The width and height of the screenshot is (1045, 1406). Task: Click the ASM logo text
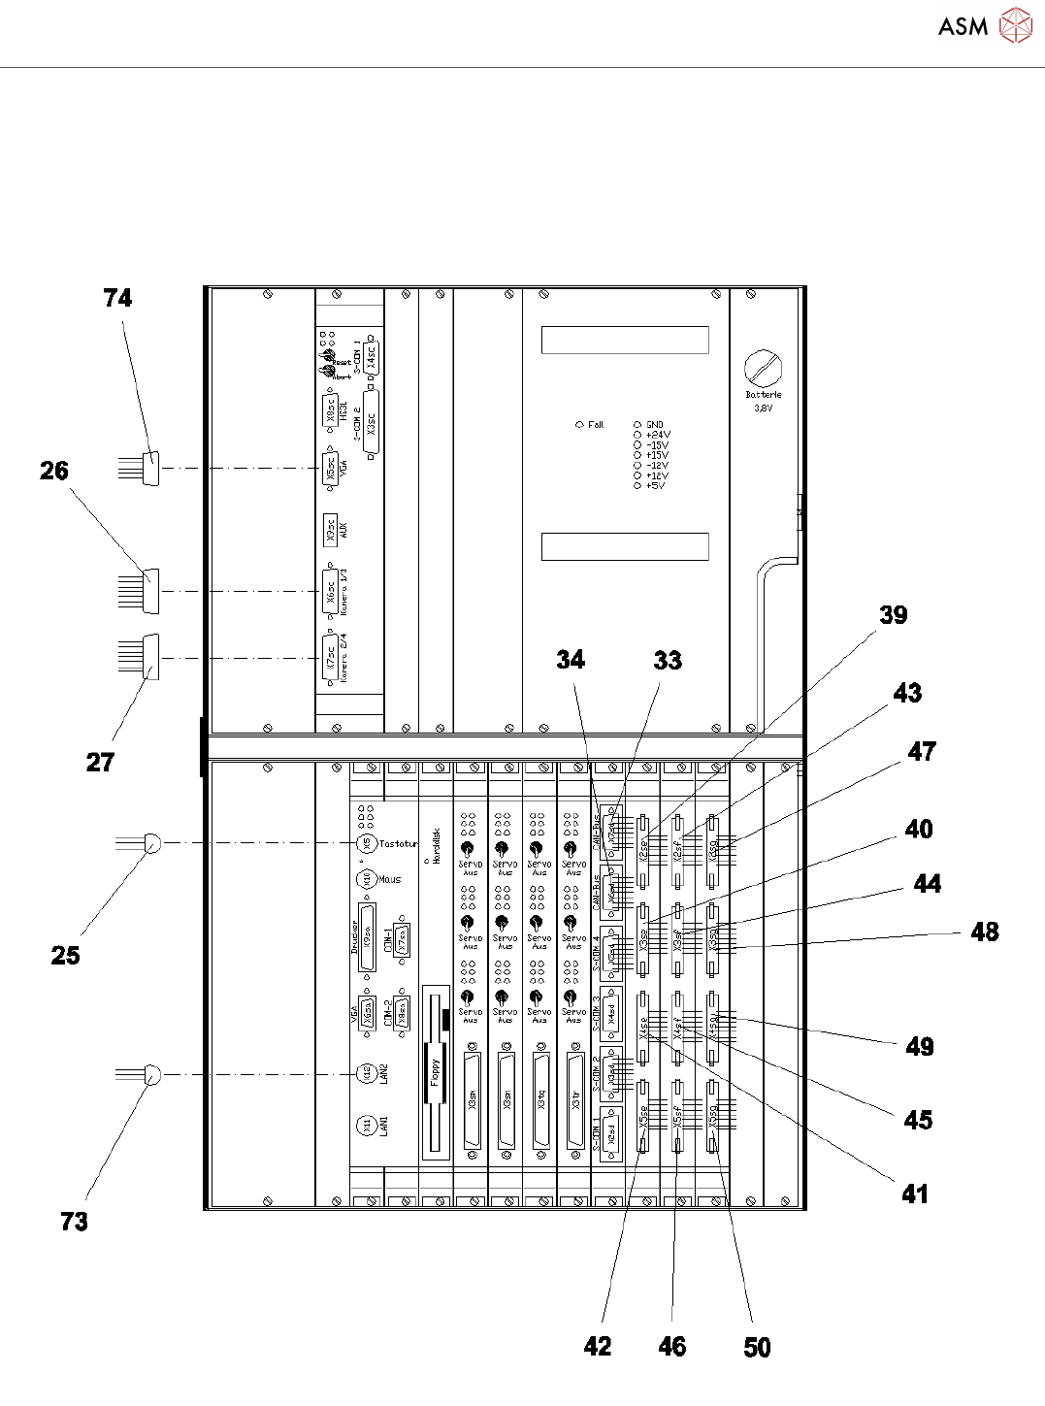(x=963, y=26)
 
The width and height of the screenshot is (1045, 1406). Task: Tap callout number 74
(x=117, y=298)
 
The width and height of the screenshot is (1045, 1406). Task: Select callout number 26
(x=54, y=471)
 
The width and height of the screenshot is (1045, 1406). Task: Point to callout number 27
(x=100, y=762)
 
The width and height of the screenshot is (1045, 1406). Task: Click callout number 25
(x=65, y=955)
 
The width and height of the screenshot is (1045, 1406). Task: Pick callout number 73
(x=75, y=1221)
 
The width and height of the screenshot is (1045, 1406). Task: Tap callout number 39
(x=893, y=614)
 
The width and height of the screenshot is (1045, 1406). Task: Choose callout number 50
(x=757, y=1347)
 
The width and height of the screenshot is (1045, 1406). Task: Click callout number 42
(x=598, y=1346)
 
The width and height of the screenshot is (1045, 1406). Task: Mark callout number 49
(x=920, y=1046)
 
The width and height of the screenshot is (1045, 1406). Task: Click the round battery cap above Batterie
(x=764, y=369)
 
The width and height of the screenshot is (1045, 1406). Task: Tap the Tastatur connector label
(x=398, y=844)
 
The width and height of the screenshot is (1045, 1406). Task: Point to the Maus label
(x=390, y=879)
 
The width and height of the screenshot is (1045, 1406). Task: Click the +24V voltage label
(x=658, y=435)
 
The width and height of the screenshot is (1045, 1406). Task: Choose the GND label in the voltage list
(x=655, y=424)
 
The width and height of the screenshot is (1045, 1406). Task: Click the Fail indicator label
(x=596, y=424)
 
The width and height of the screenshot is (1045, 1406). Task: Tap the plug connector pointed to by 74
(x=150, y=469)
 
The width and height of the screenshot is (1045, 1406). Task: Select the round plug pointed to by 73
(x=151, y=1074)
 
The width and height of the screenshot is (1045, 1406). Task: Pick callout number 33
(x=668, y=660)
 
